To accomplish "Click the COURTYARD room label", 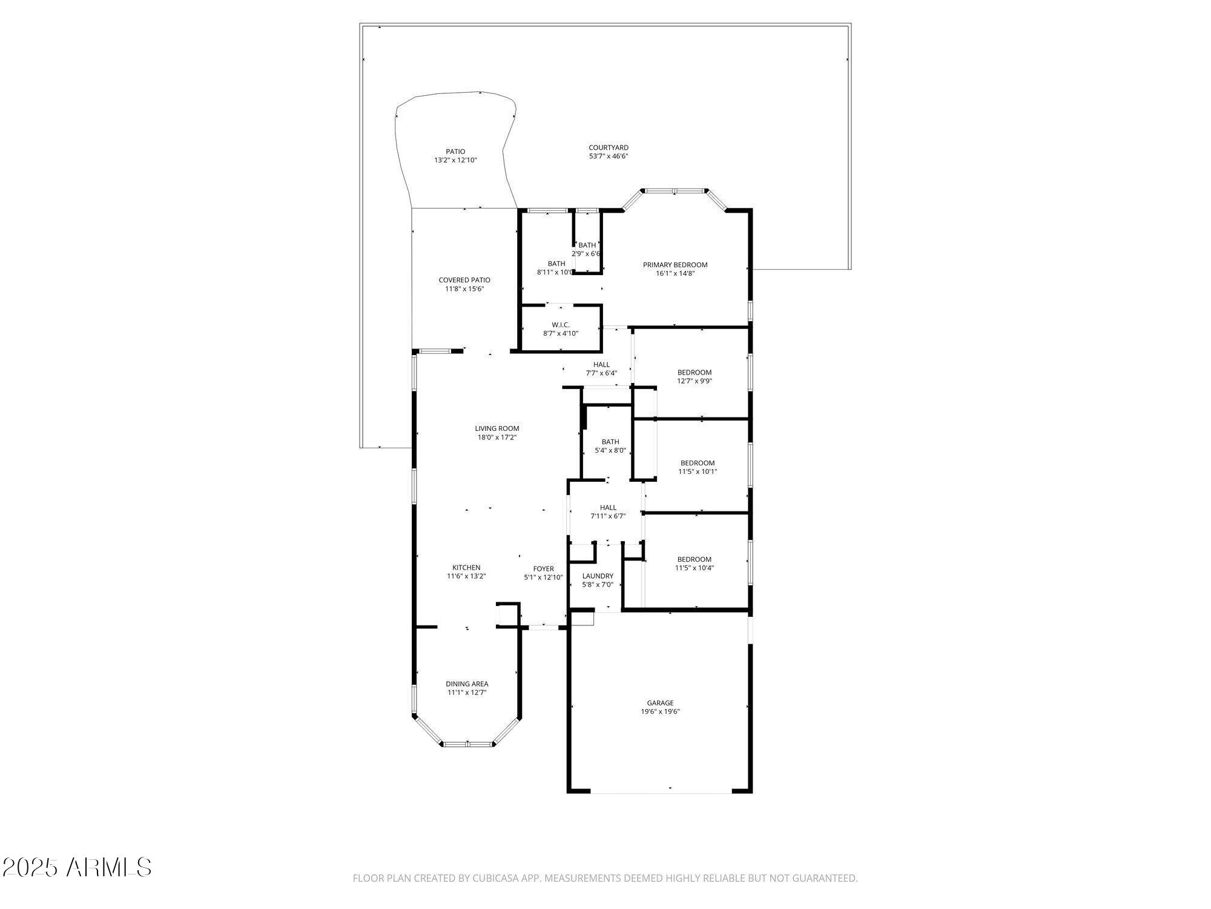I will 609,148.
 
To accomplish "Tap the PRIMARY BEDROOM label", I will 675,265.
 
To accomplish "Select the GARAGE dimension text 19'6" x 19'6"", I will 660,711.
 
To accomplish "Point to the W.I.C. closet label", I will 561,325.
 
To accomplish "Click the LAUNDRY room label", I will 598,576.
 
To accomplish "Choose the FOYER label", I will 543,568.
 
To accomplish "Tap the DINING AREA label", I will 467,684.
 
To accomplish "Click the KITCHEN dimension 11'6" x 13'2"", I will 466,576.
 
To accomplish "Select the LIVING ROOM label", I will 497,428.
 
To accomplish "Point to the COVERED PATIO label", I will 464,280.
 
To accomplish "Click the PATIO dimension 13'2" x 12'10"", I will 455,161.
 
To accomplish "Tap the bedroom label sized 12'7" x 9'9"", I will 695,372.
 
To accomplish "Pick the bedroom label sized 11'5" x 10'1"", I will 698,463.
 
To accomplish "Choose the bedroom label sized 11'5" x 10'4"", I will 695,559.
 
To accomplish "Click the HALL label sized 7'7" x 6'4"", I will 601,364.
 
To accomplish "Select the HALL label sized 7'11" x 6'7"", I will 608,507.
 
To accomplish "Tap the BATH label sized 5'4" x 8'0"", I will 610,442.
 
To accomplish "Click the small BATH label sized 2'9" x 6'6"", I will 587,245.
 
